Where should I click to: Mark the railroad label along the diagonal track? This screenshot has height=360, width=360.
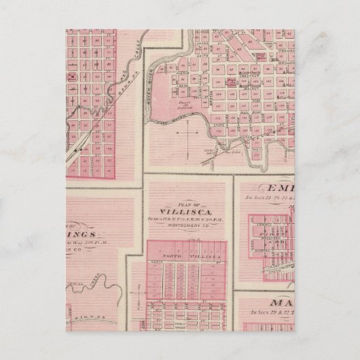click(105, 101)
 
